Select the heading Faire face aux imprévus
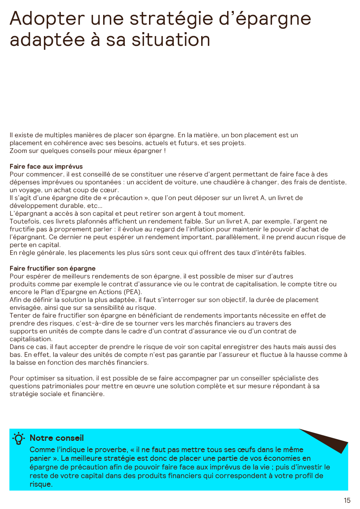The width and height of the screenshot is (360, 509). pos(46,167)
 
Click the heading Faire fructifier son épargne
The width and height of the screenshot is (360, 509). pos(53,269)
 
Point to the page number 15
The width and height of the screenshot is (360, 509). pos(347,500)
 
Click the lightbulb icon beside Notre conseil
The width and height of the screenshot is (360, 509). pos(19,438)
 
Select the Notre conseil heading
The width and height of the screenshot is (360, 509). pos(57,438)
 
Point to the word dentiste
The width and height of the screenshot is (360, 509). pos(333,182)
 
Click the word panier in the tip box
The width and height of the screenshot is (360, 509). pos(39,458)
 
